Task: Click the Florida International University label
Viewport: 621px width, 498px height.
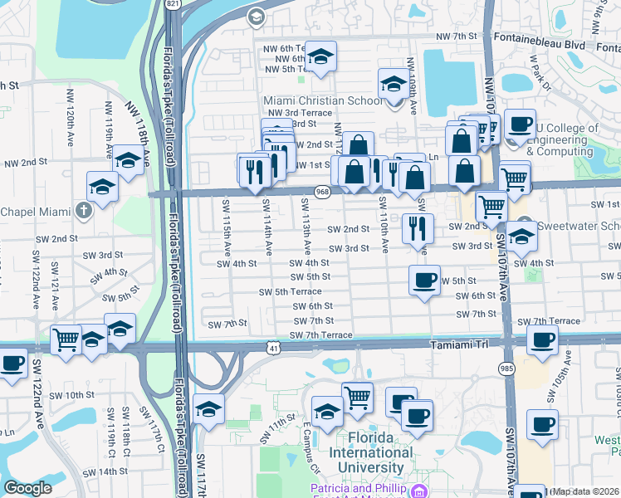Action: coord(370,460)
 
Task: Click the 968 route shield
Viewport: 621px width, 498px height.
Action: coord(321,193)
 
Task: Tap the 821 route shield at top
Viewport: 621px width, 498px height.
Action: coord(173,5)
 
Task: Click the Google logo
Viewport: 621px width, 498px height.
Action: coord(27,488)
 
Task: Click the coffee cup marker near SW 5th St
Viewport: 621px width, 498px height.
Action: coord(425,281)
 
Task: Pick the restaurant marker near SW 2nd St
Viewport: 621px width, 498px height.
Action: coord(418,227)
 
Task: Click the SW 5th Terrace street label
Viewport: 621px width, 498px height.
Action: coord(290,292)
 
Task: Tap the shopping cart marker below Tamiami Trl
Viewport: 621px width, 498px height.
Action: coord(357,397)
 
